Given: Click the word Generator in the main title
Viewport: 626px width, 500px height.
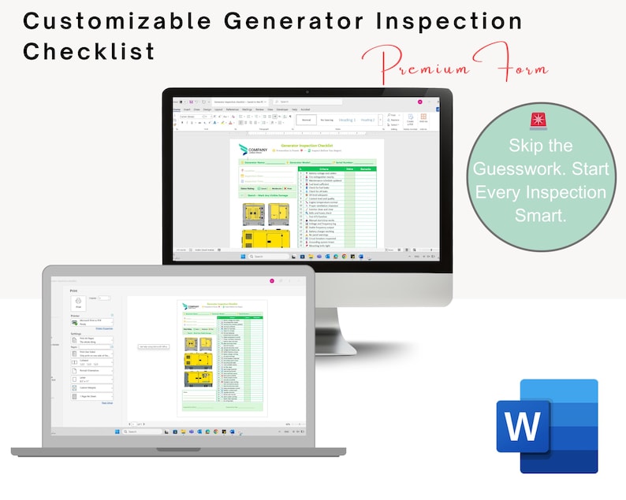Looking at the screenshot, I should point(267,21).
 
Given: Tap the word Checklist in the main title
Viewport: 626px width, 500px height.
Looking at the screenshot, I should point(89,52).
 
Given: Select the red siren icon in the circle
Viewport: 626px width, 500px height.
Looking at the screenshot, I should point(542,120).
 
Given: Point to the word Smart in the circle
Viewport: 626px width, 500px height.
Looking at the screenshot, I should point(541,216).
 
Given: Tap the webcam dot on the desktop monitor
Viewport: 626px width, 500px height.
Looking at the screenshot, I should point(307,92).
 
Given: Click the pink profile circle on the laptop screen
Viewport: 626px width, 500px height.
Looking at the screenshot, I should point(272,280).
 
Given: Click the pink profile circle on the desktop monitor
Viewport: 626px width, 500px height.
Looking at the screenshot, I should point(420,102).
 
